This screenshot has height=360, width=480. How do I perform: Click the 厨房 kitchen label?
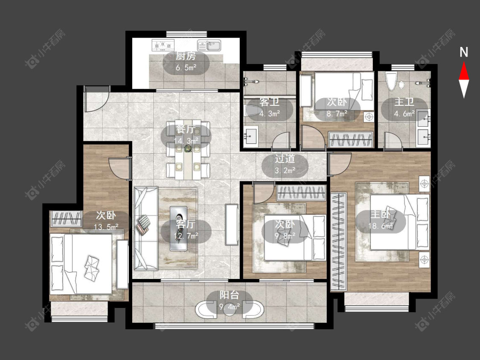[x=186, y=56]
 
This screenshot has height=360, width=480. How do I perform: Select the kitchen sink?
[x=209, y=45]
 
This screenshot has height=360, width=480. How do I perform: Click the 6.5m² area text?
[x=186, y=68]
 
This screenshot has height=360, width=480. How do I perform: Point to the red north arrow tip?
[x=464, y=62]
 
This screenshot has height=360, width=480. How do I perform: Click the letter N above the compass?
[x=464, y=52]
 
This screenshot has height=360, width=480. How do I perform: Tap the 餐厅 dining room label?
[x=186, y=130]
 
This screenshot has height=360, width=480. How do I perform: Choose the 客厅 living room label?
[x=186, y=224]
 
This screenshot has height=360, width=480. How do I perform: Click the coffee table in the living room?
[x=178, y=229]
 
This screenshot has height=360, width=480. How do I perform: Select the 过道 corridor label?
[x=285, y=159]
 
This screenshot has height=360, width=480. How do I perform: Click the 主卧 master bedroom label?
[x=381, y=214]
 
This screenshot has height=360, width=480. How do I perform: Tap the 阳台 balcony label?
[x=229, y=295]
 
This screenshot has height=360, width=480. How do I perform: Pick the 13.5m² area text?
[x=106, y=227]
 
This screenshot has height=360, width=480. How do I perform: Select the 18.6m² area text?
[x=381, y=226]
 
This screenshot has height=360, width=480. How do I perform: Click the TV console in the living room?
[x=232, y=224]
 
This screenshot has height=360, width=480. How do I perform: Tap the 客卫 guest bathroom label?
[x=269, y=102]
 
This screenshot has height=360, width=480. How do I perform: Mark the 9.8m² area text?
[x=285, y=235]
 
